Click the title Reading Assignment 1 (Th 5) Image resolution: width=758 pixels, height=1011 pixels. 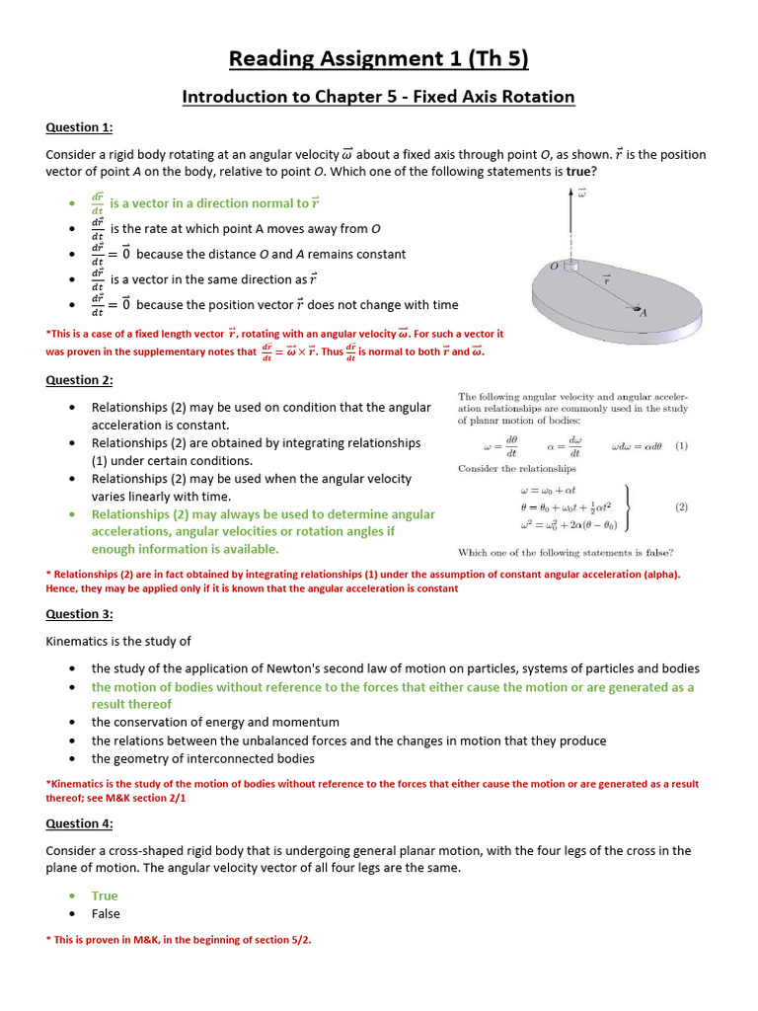click(378, 59)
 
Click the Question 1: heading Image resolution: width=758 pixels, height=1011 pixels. click(80, 127)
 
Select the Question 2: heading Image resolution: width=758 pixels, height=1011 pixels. click(80, 380)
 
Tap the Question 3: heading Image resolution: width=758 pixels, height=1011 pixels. click(80, 614)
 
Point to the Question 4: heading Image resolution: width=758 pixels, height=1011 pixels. click(80, 823)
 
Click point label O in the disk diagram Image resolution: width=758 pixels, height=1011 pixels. click(554, 267)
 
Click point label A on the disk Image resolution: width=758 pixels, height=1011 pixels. click(644, 314)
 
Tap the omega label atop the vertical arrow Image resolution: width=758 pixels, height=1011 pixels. click(581, 194)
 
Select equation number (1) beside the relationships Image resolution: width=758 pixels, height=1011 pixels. click(681, 445)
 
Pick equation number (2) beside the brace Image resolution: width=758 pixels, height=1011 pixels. click(681, 506)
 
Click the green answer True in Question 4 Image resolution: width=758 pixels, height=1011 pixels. click(105, 895)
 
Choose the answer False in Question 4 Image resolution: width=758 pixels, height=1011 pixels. click(106, 913)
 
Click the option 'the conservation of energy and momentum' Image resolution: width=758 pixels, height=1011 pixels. click(215, 722)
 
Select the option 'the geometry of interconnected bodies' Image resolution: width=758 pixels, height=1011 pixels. click(203, 758)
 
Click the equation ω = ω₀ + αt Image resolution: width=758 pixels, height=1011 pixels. click(556, 490)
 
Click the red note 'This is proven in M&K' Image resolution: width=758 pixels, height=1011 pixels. click(179, 940)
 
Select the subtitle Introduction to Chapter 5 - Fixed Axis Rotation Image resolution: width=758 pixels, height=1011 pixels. click(378, 97)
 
